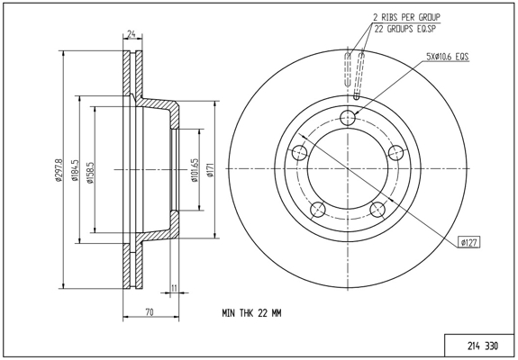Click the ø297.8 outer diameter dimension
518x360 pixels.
[59, 169]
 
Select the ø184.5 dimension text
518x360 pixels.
[76, 170]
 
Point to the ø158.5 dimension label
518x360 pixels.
[90, 172]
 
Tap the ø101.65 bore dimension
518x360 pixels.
[195, 170]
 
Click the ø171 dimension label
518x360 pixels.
[211, 170]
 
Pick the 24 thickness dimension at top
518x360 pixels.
[132, 33]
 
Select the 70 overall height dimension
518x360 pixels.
[150, 311]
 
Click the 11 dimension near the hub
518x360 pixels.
[174, 288]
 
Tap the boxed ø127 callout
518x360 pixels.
[468, 243]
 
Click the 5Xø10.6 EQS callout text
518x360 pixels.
[448, 57]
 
